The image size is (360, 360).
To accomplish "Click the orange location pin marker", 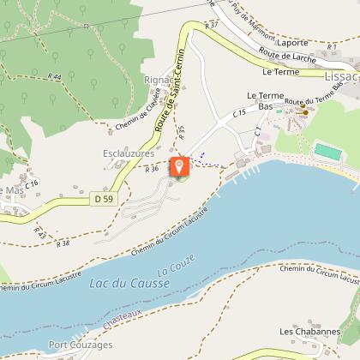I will [179, 167].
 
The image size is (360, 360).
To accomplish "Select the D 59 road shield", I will [102, 198].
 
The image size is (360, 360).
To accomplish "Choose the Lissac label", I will [342, 76].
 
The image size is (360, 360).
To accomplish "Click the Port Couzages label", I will [81, 345].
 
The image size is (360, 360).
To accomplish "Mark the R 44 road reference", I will [56, 77].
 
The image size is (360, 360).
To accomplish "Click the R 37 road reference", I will [212, 26].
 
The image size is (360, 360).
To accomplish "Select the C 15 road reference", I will [239, 112].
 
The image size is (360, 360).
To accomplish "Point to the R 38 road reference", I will [63, 243].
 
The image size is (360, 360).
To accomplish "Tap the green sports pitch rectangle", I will [327, 152].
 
